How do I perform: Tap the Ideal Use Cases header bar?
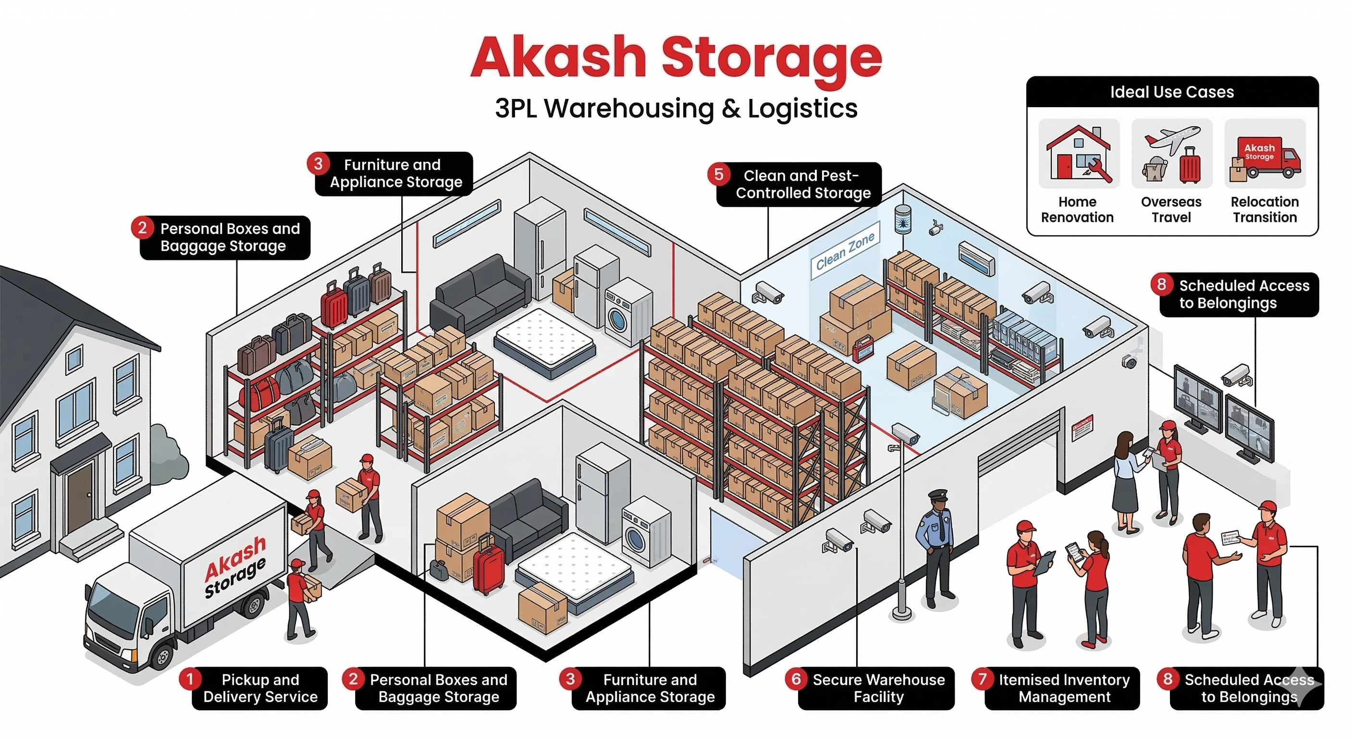pyautogui.click(x=1172, y=92)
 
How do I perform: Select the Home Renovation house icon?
pyautogui.click(x=1078, y=154)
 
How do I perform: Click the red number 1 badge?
pyautogui.click(x=190, y=679)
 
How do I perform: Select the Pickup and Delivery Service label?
pyautogui.click(x=260, y=688)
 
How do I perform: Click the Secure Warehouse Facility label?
pyautogui.click(x=878, y=688)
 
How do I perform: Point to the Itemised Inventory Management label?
pyautogui.click(x=1064, y=688)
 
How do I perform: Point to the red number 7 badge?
pyautogui.click(x=983, y=679)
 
